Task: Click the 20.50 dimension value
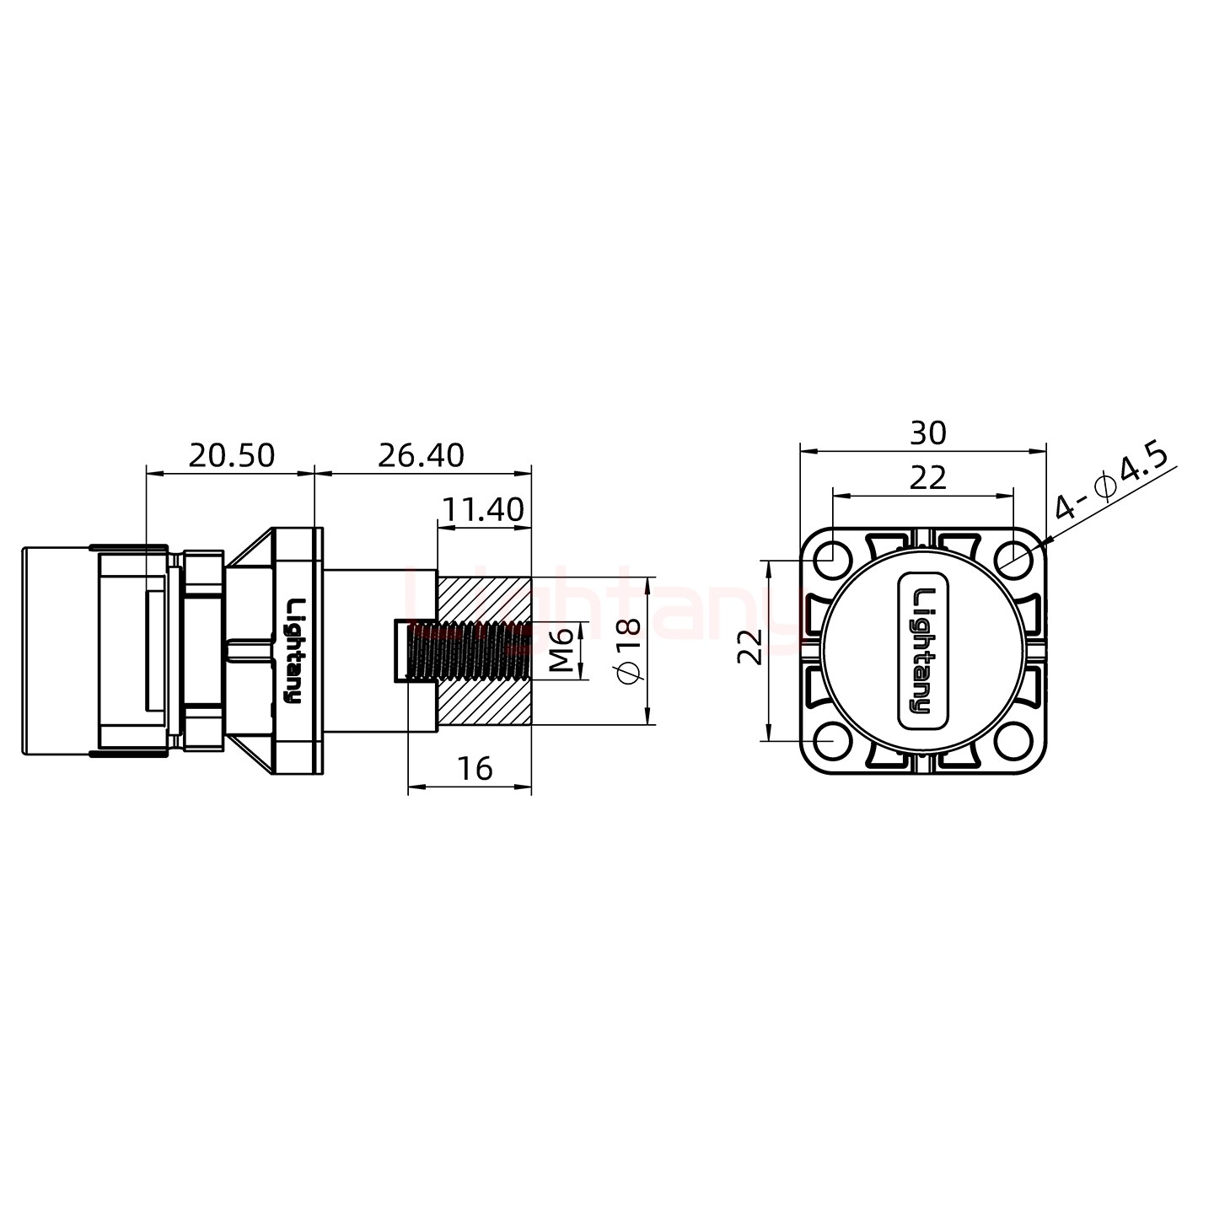click(231, 456)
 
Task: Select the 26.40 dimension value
click(421, 456)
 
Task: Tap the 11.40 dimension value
click(483, 510)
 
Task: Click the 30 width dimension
click(927, 433)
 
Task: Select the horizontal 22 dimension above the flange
click(927, 478)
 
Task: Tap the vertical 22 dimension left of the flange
click(750, 647)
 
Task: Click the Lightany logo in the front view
click(924, 650)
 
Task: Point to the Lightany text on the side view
click(294, 650)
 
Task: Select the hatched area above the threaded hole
click(484, 597)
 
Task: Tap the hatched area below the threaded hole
click(484, 702)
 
